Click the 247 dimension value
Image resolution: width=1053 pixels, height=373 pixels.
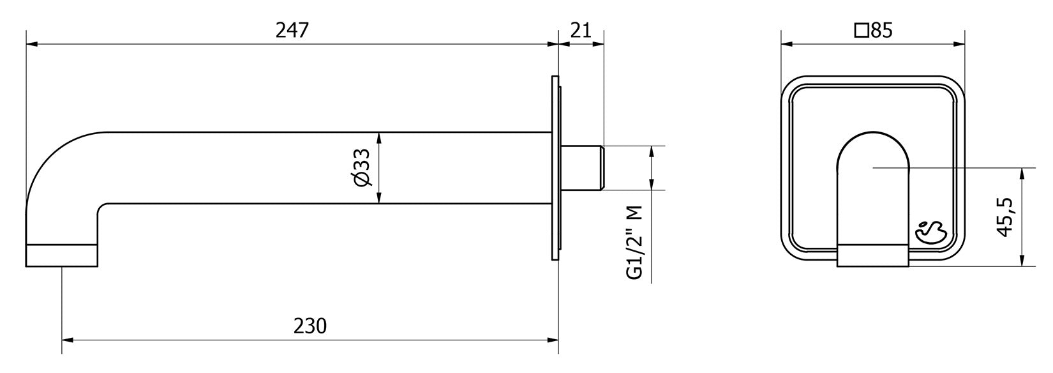[292, 30]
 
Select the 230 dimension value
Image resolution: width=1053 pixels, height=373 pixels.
[310, 326]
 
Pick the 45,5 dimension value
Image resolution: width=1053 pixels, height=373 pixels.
[1004, 217]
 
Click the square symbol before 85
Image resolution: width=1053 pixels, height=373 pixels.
[861, 31]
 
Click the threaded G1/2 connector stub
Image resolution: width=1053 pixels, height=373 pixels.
[582, 168]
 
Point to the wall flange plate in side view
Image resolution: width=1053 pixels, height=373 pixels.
[554, 168]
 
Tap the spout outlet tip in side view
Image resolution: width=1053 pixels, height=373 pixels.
[61, 255]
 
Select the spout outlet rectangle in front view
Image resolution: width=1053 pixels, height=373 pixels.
[873, 255]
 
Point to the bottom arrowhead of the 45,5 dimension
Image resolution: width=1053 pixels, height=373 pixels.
[1022, 262]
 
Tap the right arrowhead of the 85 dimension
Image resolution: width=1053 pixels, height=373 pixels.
[960, 45]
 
